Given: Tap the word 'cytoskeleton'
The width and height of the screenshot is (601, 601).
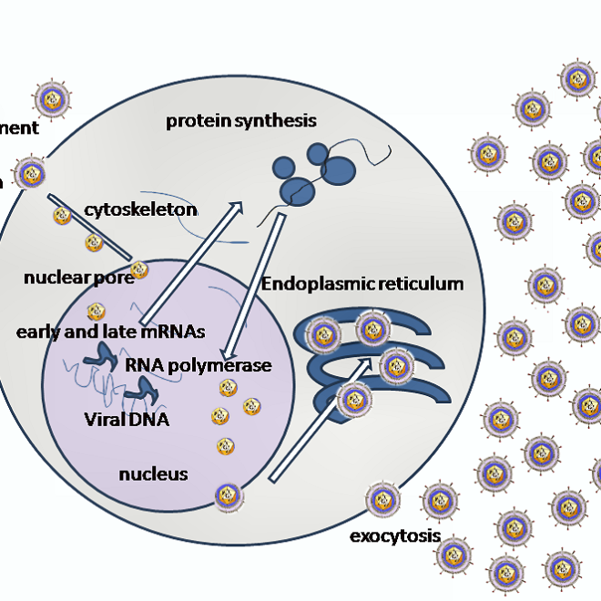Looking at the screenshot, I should [140, 209].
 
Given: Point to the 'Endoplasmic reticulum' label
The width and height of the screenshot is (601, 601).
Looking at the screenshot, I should [362, 284].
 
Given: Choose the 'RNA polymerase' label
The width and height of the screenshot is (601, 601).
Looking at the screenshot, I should [199, 365].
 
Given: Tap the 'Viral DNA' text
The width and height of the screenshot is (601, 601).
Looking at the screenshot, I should [127, 420].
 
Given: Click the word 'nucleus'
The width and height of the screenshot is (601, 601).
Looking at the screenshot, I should [153, 474].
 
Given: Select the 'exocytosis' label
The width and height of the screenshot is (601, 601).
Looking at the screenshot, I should [395, 535].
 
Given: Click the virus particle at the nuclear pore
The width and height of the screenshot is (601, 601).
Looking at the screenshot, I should [139, 270].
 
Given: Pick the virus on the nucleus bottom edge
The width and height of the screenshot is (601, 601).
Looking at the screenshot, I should [228, 495].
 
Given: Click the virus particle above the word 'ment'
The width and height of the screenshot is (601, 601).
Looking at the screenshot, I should [51, 98].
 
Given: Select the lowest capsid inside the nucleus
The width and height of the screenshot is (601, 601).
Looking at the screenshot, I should [225, 446].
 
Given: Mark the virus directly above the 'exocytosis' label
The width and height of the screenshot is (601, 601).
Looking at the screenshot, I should [382, 500].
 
